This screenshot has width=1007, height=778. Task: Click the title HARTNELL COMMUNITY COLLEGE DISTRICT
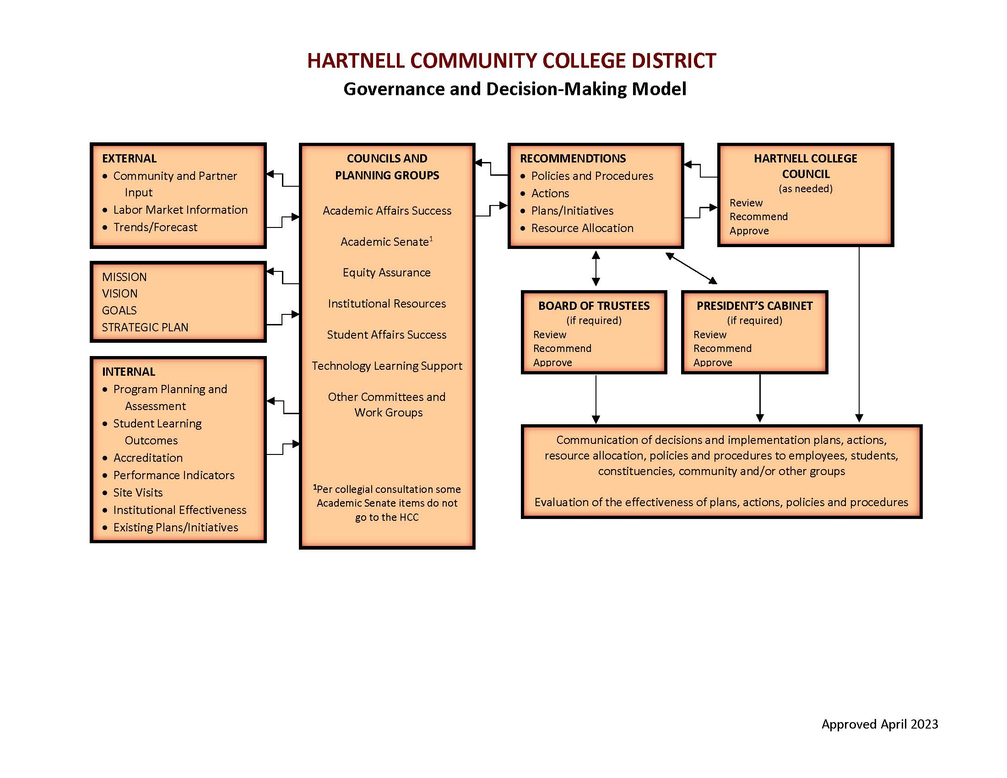pyautogui.click(x=511, y=61)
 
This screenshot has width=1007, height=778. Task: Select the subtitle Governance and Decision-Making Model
pyautogui.click(x=514, y=89)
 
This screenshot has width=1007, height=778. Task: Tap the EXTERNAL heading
pyautogui.click(x=129, y=158)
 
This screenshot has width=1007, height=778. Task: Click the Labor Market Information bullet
pyautogui.click(x=180, y=210)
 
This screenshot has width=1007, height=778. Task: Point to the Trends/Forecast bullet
pyautogui.click(x=155, y=227)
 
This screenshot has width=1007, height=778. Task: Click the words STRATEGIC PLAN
pyautogui.click(x=145, y=327)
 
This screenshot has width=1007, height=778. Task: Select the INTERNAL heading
pyautogui.click(x=128, y=372)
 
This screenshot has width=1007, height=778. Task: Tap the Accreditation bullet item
pyautogui.click(x=147, y=458)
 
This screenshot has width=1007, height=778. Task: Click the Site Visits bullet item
pyautogui.click(x=138, y=493)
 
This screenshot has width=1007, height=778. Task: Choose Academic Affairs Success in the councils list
pyautogui.click(x=387, y=211)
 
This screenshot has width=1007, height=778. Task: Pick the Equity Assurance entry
pyautogui.click(x=386, y=272)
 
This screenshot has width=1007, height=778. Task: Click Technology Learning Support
pyautogui.click(x=387, y=366)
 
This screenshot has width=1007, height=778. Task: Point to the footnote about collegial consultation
pyautogui.click(x=387, y=503)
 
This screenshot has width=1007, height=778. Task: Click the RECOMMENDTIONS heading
pyautogui.click(x=573, y=158)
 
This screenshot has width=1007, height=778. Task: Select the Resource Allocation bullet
pyautogui.click(x=582, y=228)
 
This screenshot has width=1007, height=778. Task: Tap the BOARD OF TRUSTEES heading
pyautogui.click(x=594, y=306)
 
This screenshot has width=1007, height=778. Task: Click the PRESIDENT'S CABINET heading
pyautogui.click(x=754, y=306)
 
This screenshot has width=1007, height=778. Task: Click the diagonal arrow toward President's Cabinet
pyautogui.click(x=691, y=268)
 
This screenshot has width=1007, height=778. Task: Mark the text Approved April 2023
pyautogui.click(x=879, y=724)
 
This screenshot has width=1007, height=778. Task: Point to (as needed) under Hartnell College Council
pyautogui.click(x=806, y=189)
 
